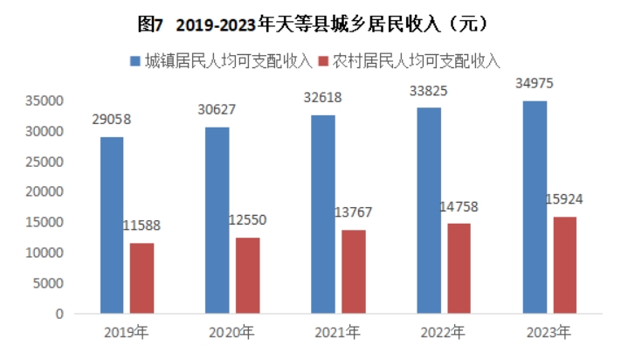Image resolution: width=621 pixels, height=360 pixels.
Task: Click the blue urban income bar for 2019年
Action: [x=112, y=225]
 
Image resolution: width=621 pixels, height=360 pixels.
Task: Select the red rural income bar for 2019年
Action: [x=141, y=278]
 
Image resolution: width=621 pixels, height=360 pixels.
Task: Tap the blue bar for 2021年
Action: [x=323, y=214]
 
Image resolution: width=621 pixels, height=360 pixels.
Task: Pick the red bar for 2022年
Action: [x=459, y=268]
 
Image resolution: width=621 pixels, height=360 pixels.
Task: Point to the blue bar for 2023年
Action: [x=535, y=207]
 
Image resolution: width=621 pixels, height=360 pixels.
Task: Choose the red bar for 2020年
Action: [x=247, y=275]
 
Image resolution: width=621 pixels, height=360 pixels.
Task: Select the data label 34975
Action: [x=535, y=84]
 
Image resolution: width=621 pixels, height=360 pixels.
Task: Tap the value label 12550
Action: [x=247, y=218]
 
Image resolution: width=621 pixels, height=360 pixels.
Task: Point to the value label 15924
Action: [x=564, y=198]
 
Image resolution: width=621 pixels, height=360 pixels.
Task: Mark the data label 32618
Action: [x=323, y=98]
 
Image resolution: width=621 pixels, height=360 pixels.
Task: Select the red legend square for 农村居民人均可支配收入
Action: [x=324, y=61]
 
